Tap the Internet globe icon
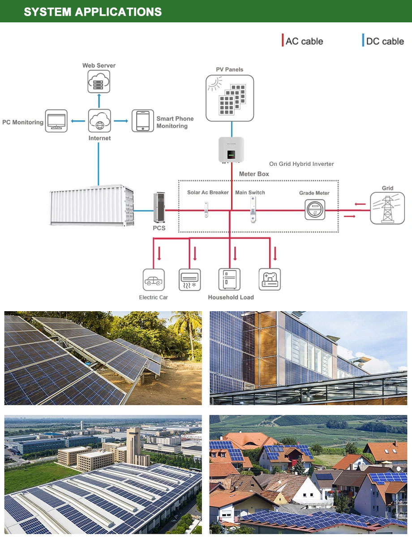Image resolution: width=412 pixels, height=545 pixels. point(99,121)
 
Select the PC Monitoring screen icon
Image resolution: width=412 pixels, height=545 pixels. point(56,121)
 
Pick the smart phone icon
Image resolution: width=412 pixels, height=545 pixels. point(143,121)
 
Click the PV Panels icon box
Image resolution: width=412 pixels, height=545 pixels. point(230,98)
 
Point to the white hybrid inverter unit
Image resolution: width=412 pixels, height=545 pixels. point(231,150)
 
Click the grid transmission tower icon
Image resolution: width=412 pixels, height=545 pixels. point(387,208)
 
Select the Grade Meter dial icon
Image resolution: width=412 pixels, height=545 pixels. point(315,209)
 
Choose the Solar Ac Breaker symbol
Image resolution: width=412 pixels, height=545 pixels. point(206,209)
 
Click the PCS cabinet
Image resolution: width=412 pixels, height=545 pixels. point(159,207)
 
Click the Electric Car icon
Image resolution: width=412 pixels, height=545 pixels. point(154,279)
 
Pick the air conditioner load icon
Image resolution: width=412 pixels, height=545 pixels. point(190,279)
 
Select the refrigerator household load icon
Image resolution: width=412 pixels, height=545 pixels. point(229,279)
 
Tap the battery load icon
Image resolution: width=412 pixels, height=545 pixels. point(270,279)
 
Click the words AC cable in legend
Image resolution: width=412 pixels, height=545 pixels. point(305,41)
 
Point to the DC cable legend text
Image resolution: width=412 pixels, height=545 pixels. point(385,41)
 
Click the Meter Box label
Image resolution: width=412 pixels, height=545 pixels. point(254,174)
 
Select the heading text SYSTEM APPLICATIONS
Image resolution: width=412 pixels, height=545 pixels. point(93,12)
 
